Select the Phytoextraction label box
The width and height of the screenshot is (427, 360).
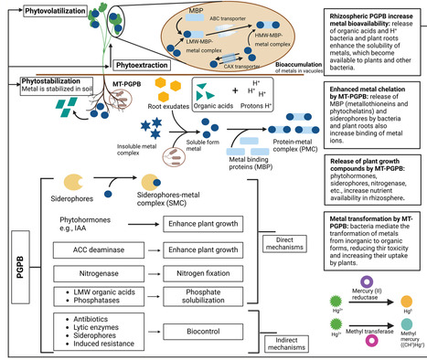[x=142, y=66]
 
